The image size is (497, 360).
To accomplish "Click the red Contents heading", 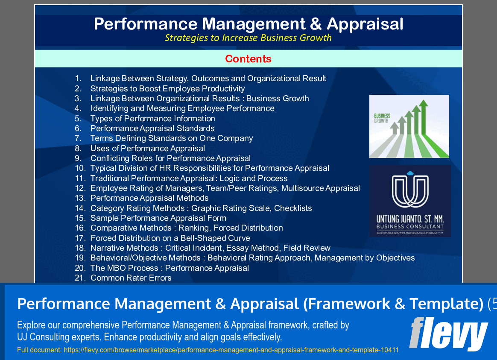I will (248, 59).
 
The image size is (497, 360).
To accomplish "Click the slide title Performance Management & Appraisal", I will (248, 24).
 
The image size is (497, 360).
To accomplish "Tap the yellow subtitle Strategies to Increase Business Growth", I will (248, 38).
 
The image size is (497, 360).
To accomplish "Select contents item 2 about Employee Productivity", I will (167, 88).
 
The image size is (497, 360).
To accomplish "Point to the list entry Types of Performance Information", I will (152, 118).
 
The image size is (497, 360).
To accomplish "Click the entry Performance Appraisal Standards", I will (152, 128).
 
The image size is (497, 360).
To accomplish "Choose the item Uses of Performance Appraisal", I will (148, 148).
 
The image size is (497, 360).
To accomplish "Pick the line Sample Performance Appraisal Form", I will (158, 218).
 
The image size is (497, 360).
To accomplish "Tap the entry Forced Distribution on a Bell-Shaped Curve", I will (170, 238).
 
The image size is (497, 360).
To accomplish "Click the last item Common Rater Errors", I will (131, 278).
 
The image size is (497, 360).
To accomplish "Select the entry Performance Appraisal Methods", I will (149, 198).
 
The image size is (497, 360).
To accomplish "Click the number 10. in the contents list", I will (80, 168).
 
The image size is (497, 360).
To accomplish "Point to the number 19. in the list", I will (80, 258).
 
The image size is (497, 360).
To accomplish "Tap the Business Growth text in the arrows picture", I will (381, 118).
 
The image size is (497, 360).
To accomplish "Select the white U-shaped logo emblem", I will (410, 190).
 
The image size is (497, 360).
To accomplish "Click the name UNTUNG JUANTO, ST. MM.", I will (410, 218).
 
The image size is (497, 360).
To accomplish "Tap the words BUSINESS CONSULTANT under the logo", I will (410, 226).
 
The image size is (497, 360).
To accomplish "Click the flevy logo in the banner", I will (448, 334).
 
